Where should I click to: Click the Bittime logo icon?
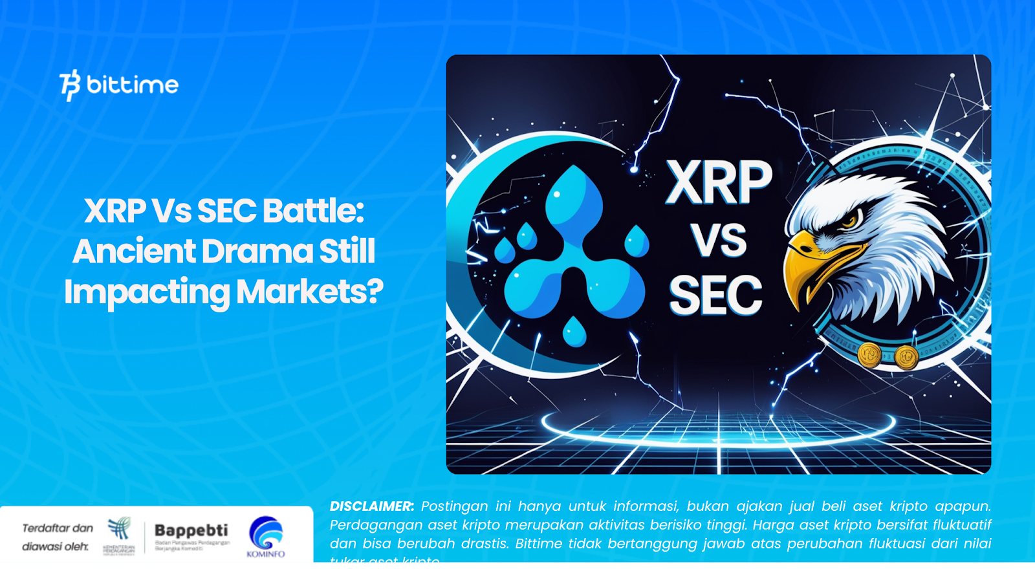(x=70, y=85)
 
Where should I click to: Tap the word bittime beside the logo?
(x=133, y=85)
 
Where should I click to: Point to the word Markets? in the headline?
(x=309, y=292)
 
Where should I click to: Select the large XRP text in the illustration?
(x=719, y=183)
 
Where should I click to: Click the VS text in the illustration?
(x=718, y=241)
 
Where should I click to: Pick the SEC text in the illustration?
(x=715, y=296)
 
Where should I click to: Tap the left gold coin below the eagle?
(x=869, y=354)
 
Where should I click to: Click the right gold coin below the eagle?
(x=906, y=356)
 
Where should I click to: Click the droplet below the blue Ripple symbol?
(x=574, y=332)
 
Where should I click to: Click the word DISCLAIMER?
(x=371, y=506)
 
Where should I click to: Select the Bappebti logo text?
(x=191, y=530)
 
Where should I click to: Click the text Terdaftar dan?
(x=58, y=528)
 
